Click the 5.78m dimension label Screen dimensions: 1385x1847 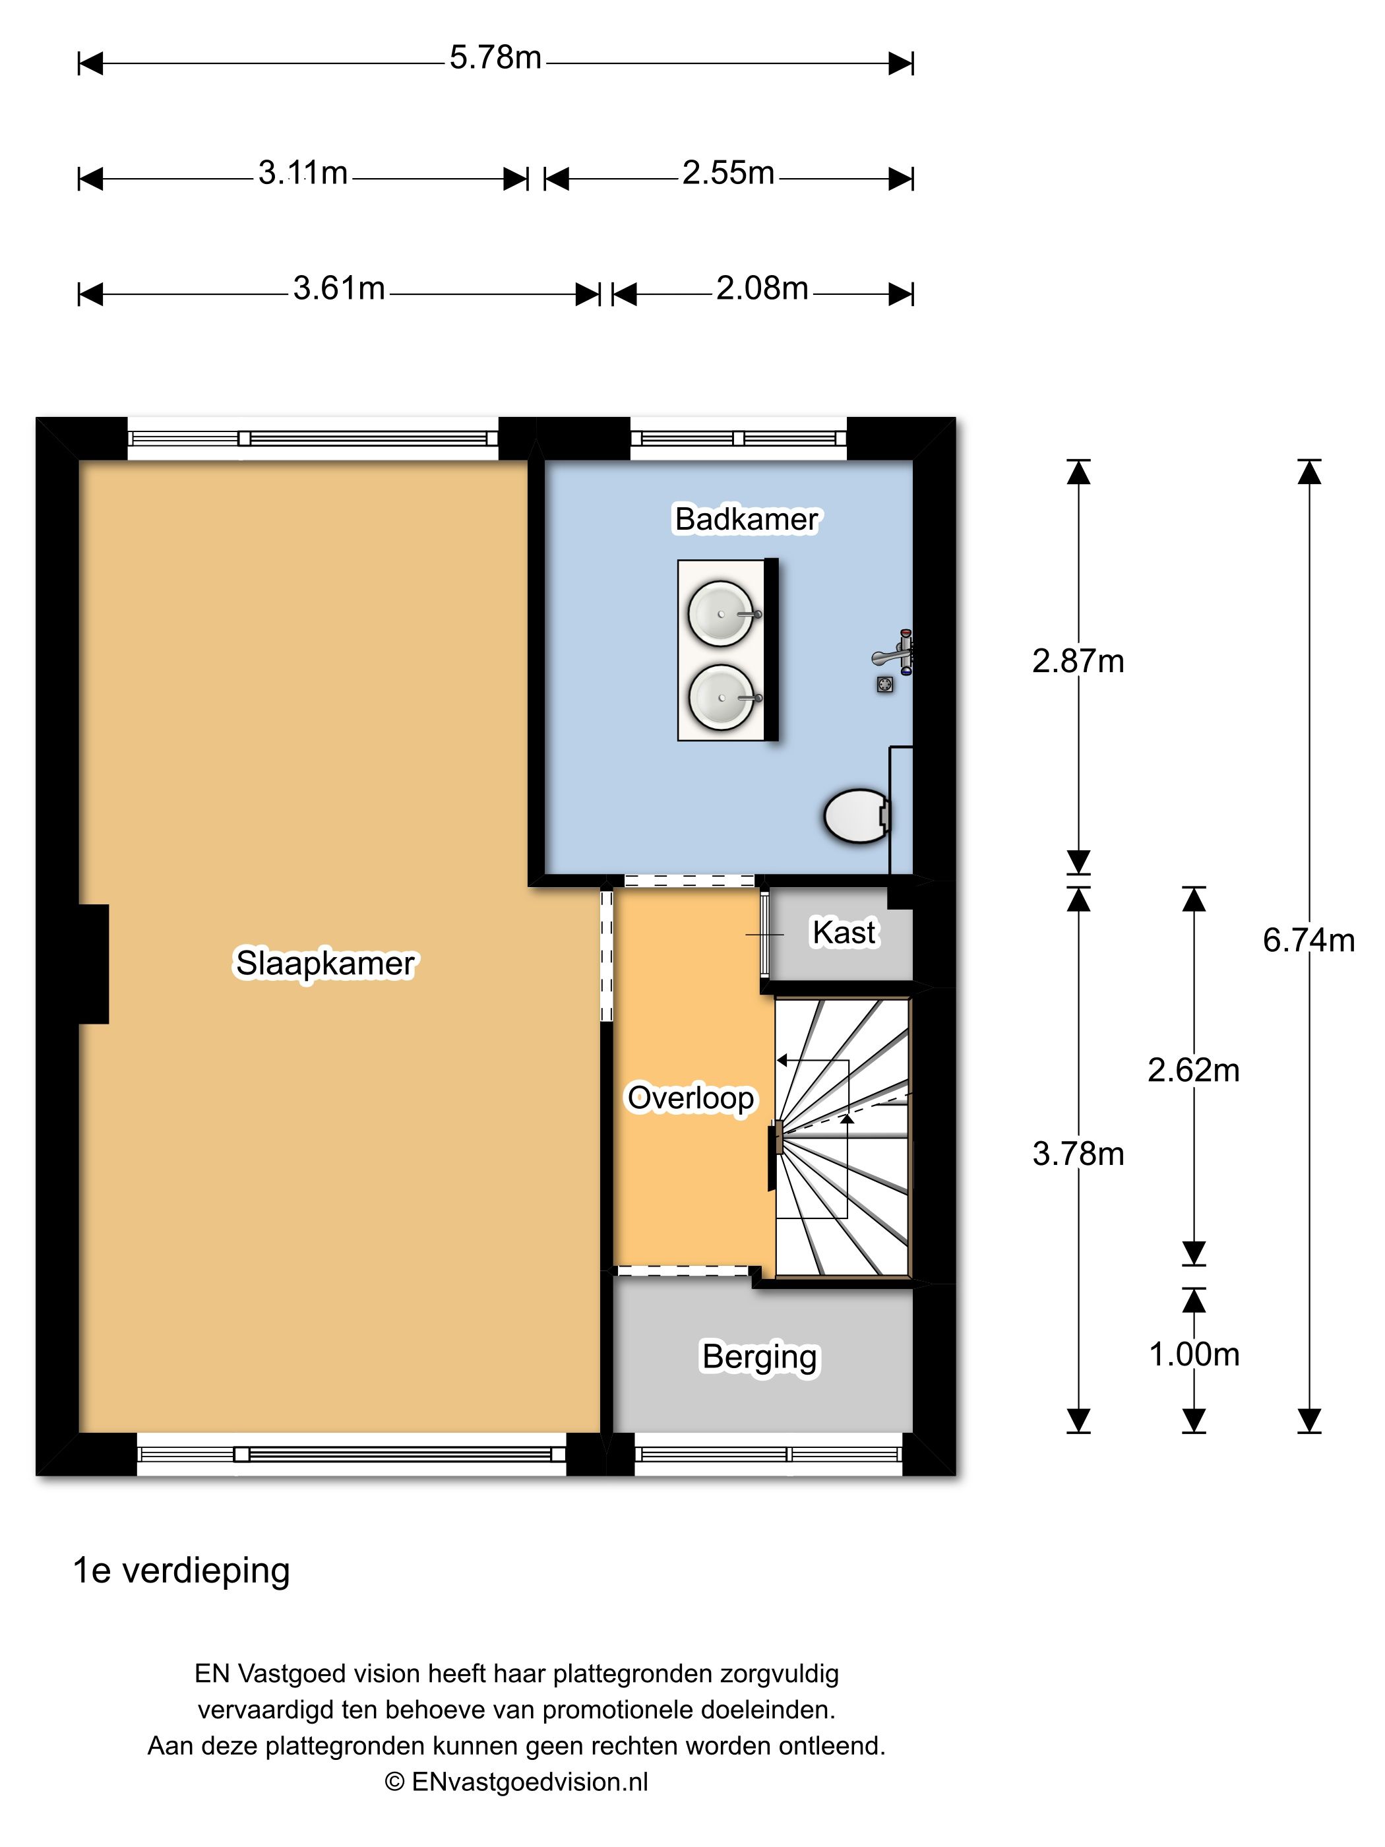[x=495, y=57]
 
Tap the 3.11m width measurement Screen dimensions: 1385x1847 [x=302, y=173]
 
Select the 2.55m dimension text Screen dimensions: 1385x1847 [x=728, y=173]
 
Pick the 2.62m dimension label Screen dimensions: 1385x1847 [x=1193, y=1070]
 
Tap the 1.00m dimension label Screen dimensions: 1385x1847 [x=1194, y=1354]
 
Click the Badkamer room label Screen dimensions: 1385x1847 [x=747, y=518]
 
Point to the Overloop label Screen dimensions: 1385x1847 [x=691, y=1098]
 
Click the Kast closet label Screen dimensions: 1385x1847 [x=844, y=932]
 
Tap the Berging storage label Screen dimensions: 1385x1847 [x=760, y=1357]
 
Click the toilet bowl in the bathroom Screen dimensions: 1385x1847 [x=857, y=816]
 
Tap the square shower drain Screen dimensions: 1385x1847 [x=885, y=685]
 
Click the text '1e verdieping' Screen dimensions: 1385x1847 [x=181, y=1570]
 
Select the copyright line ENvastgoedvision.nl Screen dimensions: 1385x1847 [x=516, y=1781]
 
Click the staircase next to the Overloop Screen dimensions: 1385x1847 [x=842, y=1137]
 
